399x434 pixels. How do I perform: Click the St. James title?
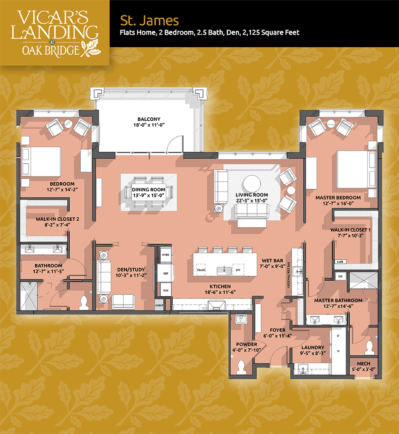[x=149, y=20]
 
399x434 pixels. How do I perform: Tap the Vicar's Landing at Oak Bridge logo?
[x=55, y=33]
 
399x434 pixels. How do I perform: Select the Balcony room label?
[x=149, y=122]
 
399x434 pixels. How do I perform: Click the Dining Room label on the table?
[x=148, y=192]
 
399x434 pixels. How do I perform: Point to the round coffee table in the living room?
[x=252, y=184]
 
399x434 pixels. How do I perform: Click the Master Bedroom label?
[x=338, y=200]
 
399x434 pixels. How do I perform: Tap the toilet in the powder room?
[x=241, y=367]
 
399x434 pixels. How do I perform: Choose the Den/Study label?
[x=131, y=272]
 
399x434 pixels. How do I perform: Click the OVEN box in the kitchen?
[x=166, y=255]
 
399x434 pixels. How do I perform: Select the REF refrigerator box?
[x=166, y=273]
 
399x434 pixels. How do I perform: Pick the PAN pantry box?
[x=166, y=290]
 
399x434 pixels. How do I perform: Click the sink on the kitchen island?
[x=224, y=270]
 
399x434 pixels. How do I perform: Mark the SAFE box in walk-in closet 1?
[x=340, y=262]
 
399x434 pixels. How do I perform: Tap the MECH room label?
[x=363, y=366]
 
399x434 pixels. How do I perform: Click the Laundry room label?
[x=313, y=350]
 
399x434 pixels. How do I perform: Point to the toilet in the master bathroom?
[x=369, y=348]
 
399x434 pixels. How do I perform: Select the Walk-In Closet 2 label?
[x=57, y=222]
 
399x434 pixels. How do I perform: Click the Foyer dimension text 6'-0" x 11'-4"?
[x=278, y=336]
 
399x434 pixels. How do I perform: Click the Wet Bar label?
[x=273, y=263]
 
